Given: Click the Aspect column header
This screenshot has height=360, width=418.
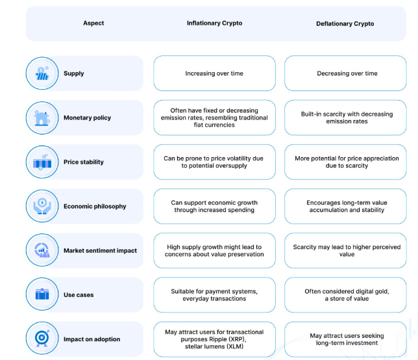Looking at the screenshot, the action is click(93, 23).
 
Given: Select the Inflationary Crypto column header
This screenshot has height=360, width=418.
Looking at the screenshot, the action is click(214, 23).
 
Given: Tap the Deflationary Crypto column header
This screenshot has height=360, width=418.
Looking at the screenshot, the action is click(345, 24).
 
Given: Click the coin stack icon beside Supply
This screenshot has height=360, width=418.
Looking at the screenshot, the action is click(42, 73).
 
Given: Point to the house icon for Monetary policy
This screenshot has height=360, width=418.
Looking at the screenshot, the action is click(42, 118).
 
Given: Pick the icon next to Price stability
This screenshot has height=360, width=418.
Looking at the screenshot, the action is click(42, 162).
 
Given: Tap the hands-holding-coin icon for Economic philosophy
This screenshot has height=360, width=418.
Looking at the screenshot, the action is click(42, 206).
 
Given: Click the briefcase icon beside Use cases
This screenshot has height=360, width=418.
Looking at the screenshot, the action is click(42, 294).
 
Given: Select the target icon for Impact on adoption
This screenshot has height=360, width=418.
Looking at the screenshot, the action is click(42, 338).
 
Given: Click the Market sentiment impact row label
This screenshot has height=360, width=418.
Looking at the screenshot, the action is click(100, 251).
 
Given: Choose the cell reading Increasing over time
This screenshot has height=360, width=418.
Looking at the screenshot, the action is click(214, 73).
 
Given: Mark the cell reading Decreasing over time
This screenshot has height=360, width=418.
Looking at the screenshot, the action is click(345, 73).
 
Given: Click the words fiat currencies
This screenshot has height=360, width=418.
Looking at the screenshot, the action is click(214, 125).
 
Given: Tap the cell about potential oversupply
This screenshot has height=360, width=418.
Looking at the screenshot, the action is click(214, 162).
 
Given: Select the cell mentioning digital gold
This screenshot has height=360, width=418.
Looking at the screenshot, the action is click(345, 295).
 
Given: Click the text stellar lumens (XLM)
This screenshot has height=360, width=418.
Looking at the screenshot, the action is click(214, 346).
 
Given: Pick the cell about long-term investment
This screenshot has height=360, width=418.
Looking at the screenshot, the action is click(345, 339).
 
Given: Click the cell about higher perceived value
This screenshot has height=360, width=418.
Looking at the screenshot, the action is click(345, 251).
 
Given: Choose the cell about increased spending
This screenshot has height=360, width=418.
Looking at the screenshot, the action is click(214, 206).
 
